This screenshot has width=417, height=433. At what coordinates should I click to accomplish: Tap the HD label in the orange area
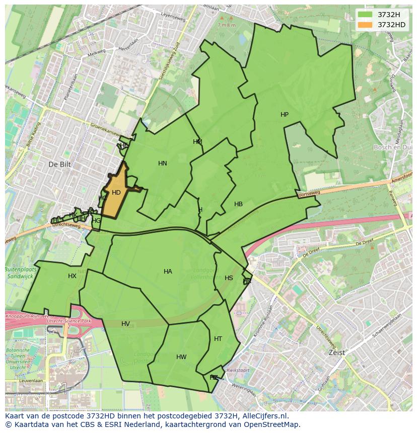point(116,193)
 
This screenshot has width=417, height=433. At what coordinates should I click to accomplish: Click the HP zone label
point(285,115)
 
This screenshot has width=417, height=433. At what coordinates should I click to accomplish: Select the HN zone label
point(162,163)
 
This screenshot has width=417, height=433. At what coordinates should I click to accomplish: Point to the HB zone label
point(238,204)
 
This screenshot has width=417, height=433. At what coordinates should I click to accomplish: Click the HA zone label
point(168,272)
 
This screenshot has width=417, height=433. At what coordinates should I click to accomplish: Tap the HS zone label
point(229,278)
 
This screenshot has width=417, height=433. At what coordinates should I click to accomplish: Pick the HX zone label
point(72,276)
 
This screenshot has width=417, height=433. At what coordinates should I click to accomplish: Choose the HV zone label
point(125,324)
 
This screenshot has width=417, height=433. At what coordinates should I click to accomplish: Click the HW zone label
point(181,357)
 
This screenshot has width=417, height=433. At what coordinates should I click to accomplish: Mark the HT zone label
point(218,339)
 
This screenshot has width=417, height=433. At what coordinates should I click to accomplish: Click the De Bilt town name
point(59,164)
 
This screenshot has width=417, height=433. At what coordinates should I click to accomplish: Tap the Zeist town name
point(336,353)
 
